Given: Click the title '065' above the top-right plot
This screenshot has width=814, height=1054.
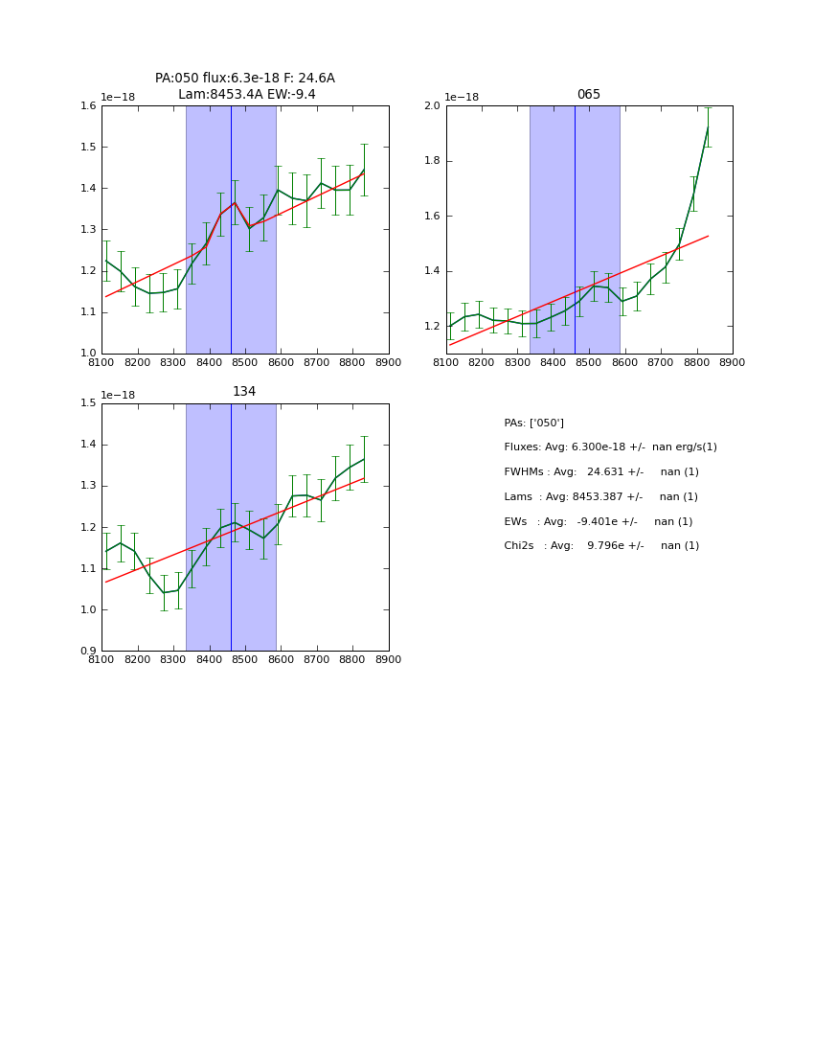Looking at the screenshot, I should coord(589,95).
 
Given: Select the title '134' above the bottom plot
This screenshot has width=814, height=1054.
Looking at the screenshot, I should coord(244,392).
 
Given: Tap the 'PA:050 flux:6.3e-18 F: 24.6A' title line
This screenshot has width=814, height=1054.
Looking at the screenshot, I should coord(245,79).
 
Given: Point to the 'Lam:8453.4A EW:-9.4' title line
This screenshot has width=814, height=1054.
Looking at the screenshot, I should coord(246,95).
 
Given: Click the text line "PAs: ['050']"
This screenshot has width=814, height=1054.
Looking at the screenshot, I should coord(533,423).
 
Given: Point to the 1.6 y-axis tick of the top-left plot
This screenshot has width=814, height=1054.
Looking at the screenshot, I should coord(87,106).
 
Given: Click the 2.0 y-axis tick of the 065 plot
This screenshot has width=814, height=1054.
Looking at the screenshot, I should coord(432,106).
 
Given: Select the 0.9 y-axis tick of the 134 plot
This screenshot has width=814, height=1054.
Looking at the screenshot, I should coord(87,652).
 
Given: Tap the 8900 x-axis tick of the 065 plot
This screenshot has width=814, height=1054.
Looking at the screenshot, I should coord(733,362).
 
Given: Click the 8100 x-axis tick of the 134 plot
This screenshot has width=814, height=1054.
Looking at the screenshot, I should coord(102,659).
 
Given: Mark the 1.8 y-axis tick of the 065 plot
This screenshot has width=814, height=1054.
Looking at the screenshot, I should coord(432,162).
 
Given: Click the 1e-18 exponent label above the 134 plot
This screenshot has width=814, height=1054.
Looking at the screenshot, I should coord(118,395).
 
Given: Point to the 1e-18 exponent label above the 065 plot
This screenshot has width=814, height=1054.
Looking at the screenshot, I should coord(463,98).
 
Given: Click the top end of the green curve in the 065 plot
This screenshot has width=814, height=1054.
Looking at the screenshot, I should coord(708,127).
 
